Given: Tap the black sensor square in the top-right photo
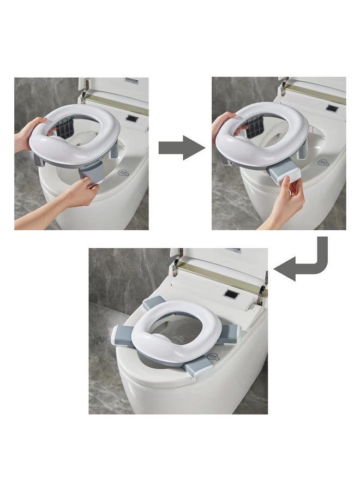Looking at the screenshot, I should (331, 108).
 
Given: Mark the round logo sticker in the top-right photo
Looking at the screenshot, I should (325, 161).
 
